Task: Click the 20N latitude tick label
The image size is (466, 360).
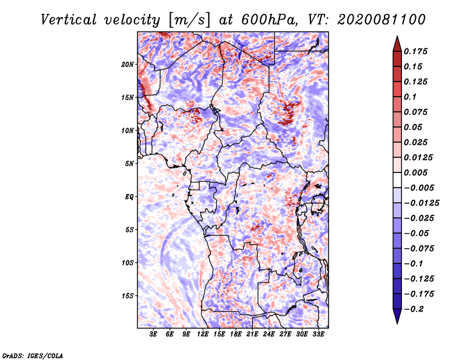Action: pos(128,64)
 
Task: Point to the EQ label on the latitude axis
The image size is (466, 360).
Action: pos(129,196)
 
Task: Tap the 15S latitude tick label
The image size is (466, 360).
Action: pos(128,295)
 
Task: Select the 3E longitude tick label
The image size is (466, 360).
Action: pos(153,334)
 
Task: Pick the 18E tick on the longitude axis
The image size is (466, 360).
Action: pos(236,334)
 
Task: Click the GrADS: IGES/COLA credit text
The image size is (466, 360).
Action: pos(32,354)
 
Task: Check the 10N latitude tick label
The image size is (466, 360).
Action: pos(128,130)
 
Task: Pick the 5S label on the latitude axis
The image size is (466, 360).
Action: pos(130,230)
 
